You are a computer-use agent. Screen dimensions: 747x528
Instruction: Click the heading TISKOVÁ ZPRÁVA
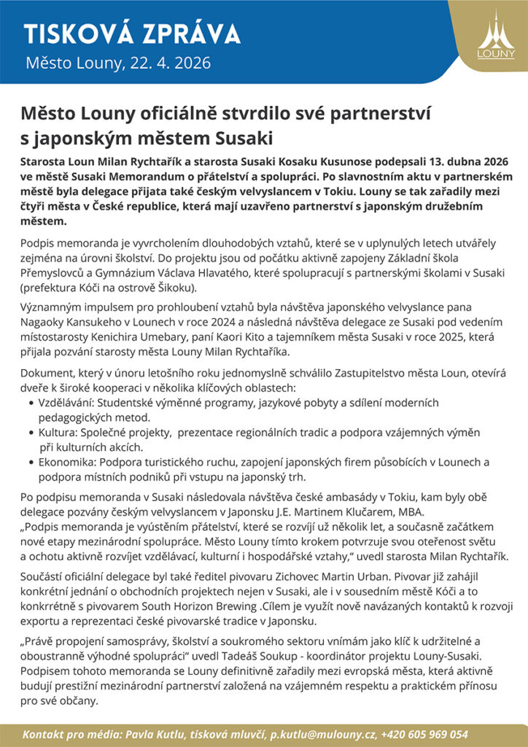(x=132, y=34)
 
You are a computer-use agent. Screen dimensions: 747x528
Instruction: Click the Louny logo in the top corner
(x=495, y=36)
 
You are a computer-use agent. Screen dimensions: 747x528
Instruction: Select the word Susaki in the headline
(x=242, y=136)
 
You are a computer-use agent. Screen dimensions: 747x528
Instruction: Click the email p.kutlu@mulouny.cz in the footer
(x=322, y=735)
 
